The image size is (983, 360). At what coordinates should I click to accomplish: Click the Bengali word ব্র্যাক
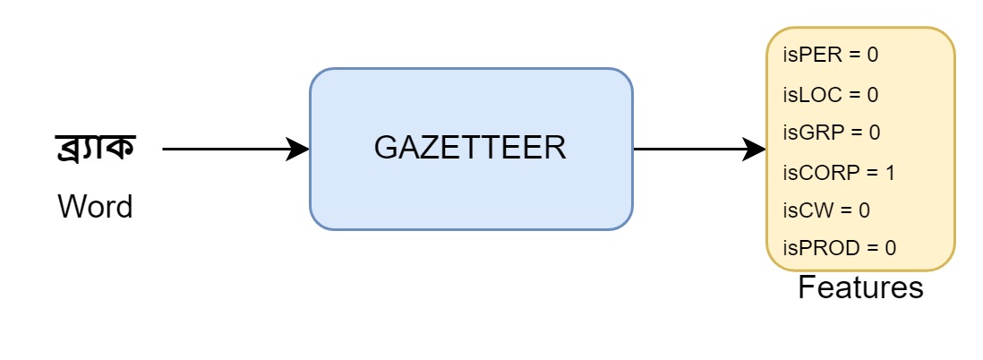[x=95, y=149]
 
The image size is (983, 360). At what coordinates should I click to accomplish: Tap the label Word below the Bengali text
[x=95, y=207]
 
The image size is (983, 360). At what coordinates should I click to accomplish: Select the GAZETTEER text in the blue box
[x=470, y=148]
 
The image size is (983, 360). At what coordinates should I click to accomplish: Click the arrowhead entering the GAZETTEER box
[x=298, y=150]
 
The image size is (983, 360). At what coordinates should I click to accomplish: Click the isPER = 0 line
[x=831, y=56]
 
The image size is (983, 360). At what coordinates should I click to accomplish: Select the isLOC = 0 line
[x=831, y=94]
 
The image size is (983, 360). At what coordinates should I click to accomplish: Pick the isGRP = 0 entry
[x=832, y=133]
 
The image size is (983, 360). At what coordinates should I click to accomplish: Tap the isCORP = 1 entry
[x=839, y=172]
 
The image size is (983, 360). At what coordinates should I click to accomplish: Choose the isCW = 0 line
[x=826, y=210]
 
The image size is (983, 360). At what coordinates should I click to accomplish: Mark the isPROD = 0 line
[x=839, y=248]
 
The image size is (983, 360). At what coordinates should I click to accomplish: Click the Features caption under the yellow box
[x=859, y=288]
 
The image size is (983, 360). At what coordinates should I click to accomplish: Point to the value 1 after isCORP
[x=890, y=172]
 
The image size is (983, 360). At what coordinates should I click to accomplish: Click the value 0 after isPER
[x=873, y=56]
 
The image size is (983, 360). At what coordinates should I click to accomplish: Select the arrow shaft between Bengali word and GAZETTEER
[x=224, y=150]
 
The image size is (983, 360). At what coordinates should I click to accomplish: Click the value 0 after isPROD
[x=890, y=248]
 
